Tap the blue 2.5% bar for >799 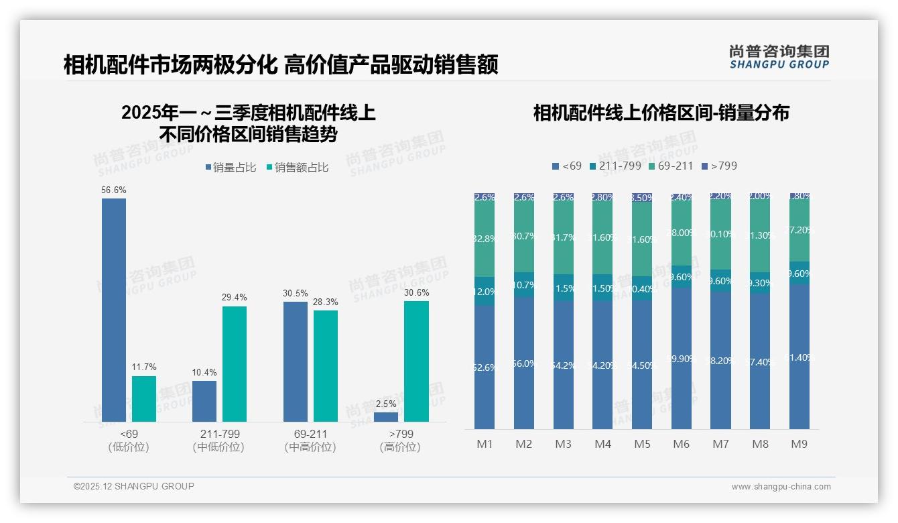[x=386, y=417]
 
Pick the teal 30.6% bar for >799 [x=416, y=361]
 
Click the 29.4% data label [x=235, y=297]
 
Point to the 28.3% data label [x=326, y=302]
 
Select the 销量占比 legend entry [x=231, y=168]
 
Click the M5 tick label [x=642, y=444]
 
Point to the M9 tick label [x=799, y=444]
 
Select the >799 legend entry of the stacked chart [x=719, y=166]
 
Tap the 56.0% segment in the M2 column [x=524, y=363]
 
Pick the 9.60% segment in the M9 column [x=799, y=273]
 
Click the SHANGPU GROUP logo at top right [x=779, y=56]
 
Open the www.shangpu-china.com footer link [x=781, y=487]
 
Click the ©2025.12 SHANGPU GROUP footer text [x=134, y=486]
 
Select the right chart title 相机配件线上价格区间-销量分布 [x=661, y=113]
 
